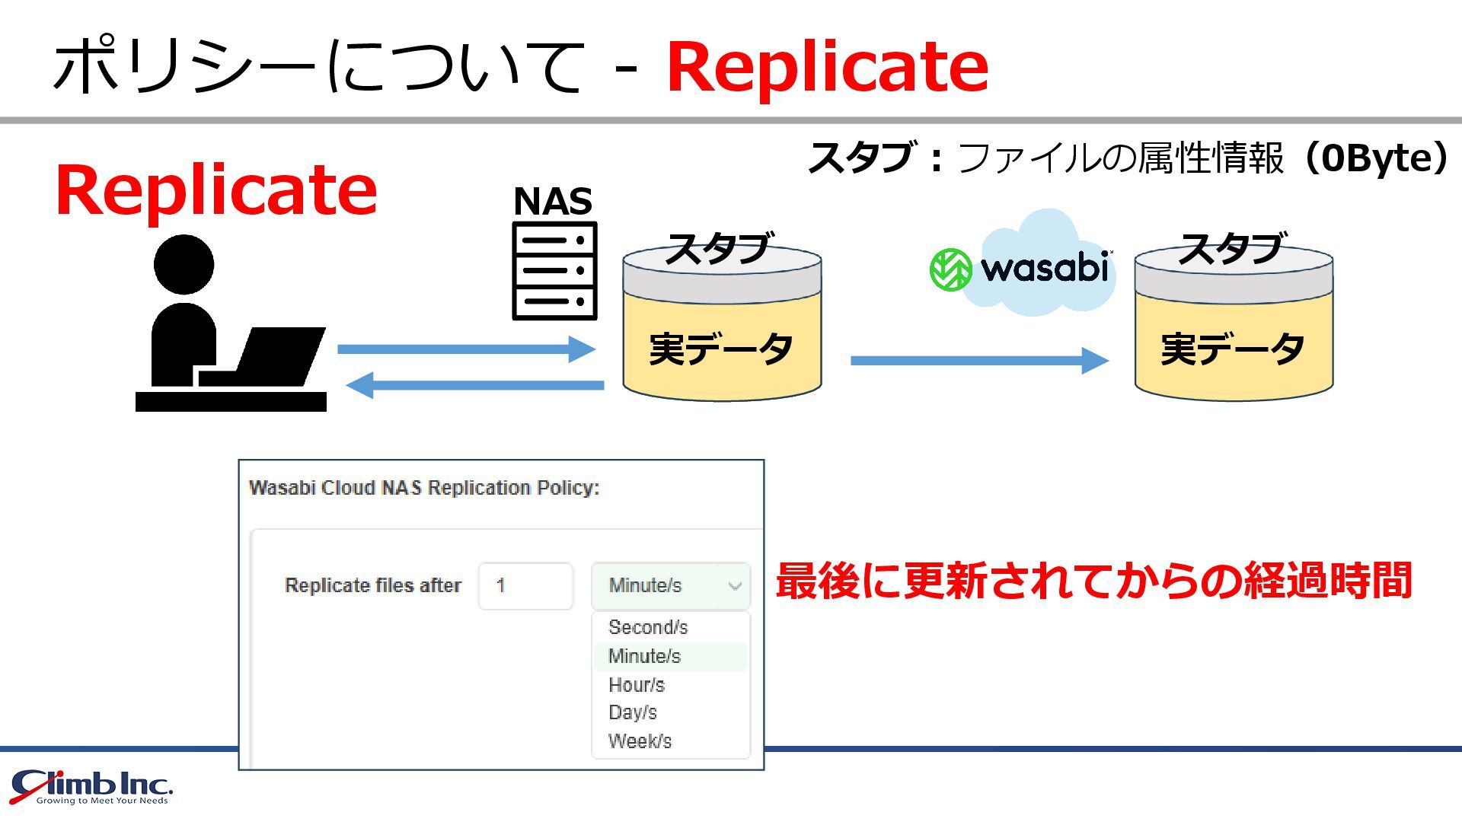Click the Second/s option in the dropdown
pyautogui.click(x=648, y=627)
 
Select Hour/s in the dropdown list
pyautogui.click(x=637, y=685)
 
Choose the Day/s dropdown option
pyautogui.click(x=633, y=712)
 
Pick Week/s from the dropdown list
pyautogui.click(x=640, y=741)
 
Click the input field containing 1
pyautogui.click(x=525, y=586)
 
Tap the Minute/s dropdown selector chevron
pyautogui.click(x=735, y=586)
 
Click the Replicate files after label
pyautogui.click(x=373, y=585)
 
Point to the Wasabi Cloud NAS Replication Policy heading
pyautogui.click(x=424, y=488)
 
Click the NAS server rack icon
pyautogui.click(x=554, y=271)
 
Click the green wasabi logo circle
pyautogui.click(x=951, y=269)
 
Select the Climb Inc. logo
pyautogui.click(x=92, y=787)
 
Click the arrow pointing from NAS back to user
pyautogui.click(x=475, y=385)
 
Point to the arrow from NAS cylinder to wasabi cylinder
pyautogui.click(x=979, y=360)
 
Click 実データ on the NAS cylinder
pyautogui.click(x=721, y=349)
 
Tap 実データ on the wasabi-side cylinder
pyautogui.click(x=1233, y=349)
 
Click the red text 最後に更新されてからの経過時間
pyautogui.click(x=1093, y=581)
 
